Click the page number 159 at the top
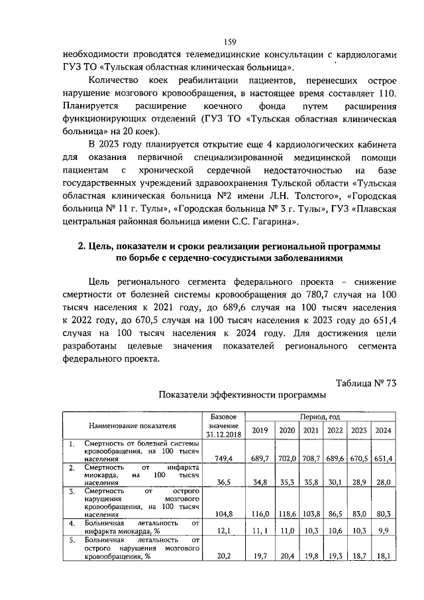coord(211,40)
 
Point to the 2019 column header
coord(260,430)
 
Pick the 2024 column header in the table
coord(382,430)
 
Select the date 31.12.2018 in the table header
coord(223,435)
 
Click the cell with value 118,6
coord(286,514)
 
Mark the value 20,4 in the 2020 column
coord(286,557)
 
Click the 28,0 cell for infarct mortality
coord(383,484)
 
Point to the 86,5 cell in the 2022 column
coord(335,514)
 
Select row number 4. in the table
coord(72,523)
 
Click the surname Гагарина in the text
coord(273,221)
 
